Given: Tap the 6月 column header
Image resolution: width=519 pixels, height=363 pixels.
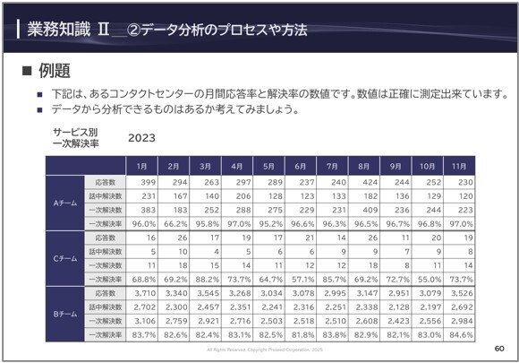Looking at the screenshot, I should coord(301,167).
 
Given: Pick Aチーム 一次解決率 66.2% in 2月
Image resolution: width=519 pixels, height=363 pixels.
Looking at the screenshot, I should coord(174,223).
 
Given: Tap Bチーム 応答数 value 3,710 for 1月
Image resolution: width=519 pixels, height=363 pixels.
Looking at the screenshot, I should coord(143,294).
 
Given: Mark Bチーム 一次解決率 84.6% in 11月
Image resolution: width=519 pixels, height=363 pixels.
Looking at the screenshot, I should coord(457,335).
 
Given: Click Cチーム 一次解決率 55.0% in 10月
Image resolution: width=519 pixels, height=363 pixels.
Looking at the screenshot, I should coord(426,280).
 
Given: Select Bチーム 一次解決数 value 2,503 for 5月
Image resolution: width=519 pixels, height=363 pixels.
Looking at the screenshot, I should coord(270,321).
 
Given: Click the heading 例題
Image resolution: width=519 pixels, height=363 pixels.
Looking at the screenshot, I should coord(55,71).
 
